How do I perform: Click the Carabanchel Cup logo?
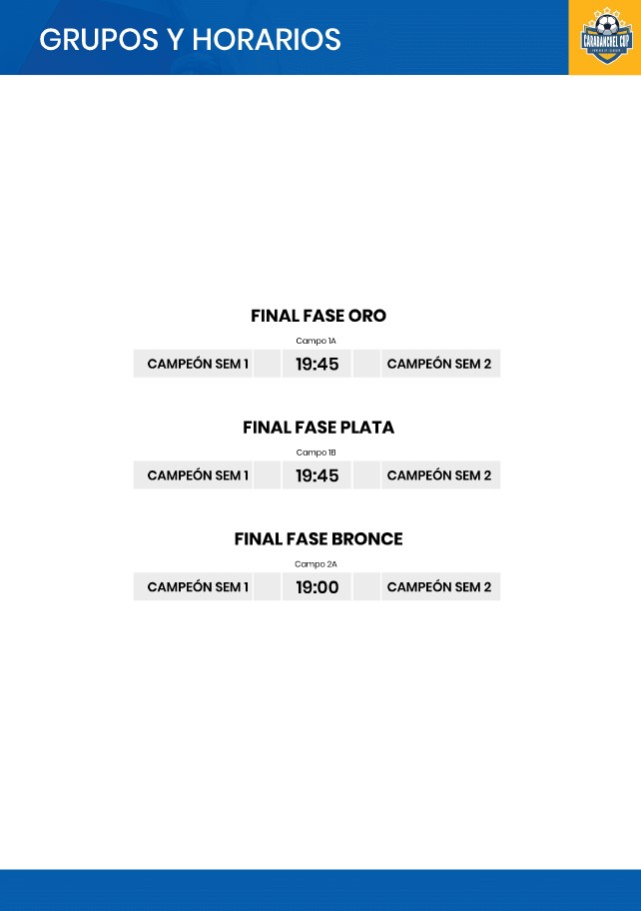click(606, 36)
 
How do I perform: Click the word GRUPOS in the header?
click(99, 40)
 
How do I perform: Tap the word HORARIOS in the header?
click(266, 40)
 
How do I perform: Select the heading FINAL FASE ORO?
click(319, 316)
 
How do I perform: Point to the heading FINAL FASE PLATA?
click(319, 428)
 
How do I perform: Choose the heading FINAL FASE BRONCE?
click(319, 538)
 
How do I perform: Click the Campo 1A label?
click(316, 341)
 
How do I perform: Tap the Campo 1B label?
click(316, 453)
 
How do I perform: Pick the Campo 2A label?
click(316, 563)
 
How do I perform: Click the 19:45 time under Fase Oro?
click(318, 364)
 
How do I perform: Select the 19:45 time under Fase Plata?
click(318, 475)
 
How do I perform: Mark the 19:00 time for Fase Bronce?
click(318, 586)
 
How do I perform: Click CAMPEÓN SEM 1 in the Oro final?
click(198, 364)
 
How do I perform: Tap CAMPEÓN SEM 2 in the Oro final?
click(439, 364)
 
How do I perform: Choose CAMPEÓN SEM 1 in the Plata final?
click(198, 474)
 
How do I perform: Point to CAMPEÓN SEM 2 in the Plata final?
click(439, 474)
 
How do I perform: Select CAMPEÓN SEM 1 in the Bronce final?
click(198, 586)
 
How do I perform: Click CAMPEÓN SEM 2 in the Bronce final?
click(439, 586)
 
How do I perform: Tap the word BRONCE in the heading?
click(367, 538)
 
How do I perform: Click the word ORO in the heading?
click(367, 316)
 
